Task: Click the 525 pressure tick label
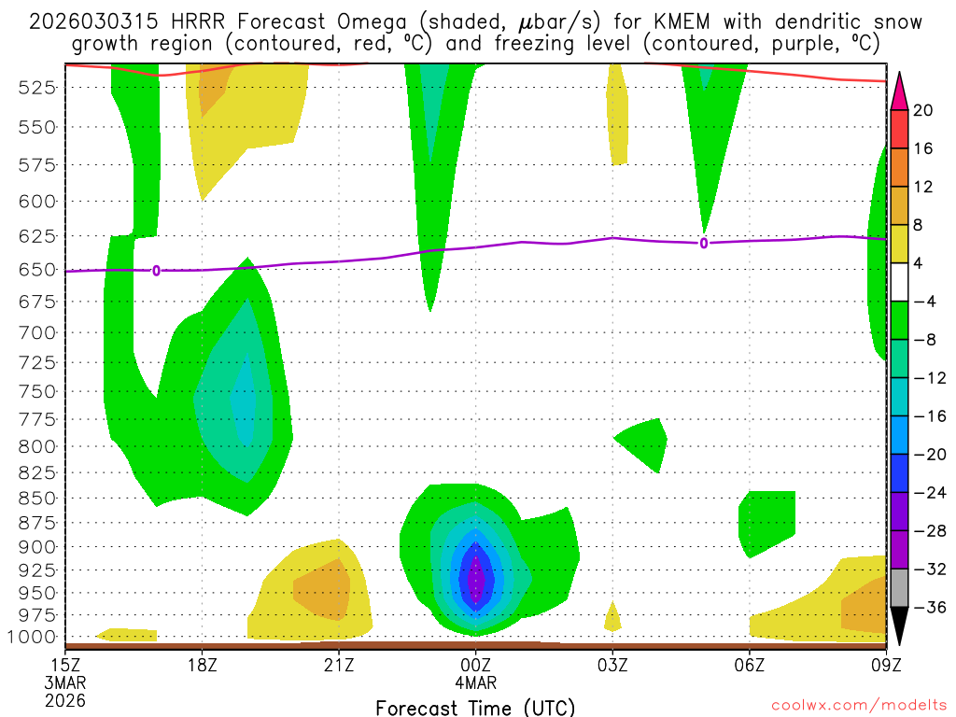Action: (x=38, y=87)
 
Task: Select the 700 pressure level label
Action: (x=38, y=332)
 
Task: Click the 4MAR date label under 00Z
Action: (x=476, y=682)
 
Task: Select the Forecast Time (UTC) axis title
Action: (x=475, y=706)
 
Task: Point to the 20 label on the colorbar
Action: (x=923, y=111)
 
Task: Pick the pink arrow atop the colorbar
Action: (x=900, y=90)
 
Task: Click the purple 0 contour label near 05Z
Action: (x=703, y=244)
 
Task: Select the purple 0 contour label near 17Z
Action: (x=156, y=271)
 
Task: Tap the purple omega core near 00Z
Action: (x=476, y=579)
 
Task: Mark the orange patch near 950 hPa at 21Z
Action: (x=322, y=590)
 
